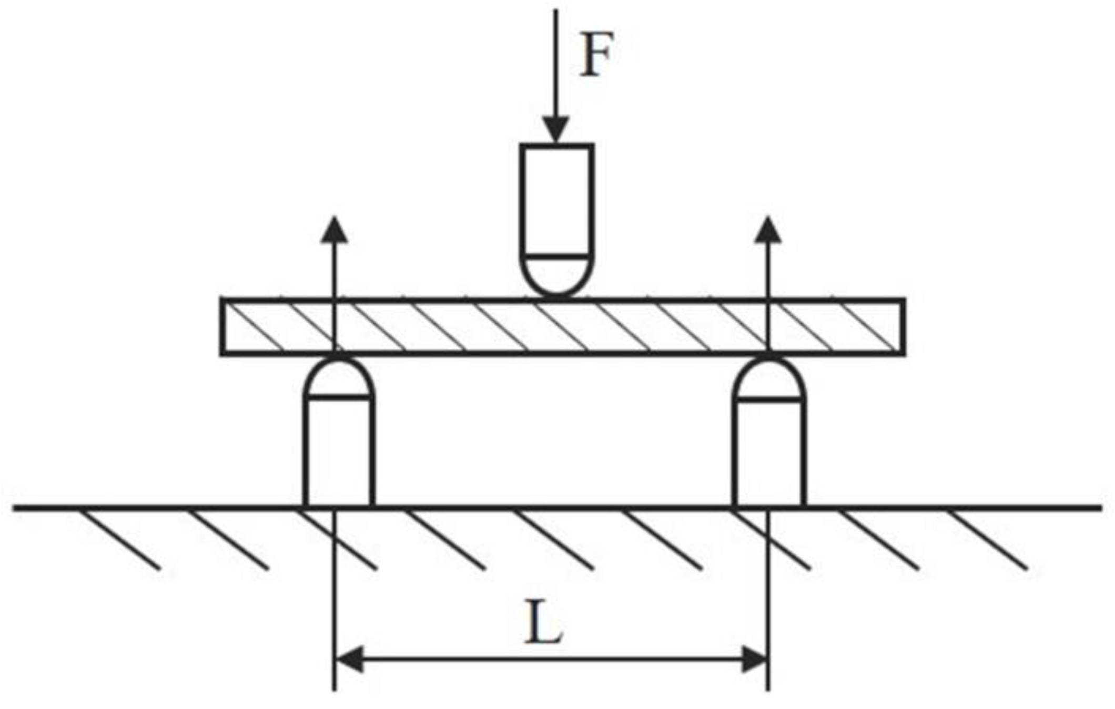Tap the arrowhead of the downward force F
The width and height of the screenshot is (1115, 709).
[x=556, y=129]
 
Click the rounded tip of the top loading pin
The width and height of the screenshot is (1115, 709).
[x=557, y=276]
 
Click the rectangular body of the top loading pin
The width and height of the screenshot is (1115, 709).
[x=557, y=200]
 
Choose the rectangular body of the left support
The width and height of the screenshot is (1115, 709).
[x=339, y=452]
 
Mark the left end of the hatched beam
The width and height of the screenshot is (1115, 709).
[x=223, y=327]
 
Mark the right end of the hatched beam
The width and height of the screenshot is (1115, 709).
[x=903, y=327]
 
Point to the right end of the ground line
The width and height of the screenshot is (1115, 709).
[x=1099, y=508]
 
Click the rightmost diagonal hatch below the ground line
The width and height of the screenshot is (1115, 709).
[x=989, y=539]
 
